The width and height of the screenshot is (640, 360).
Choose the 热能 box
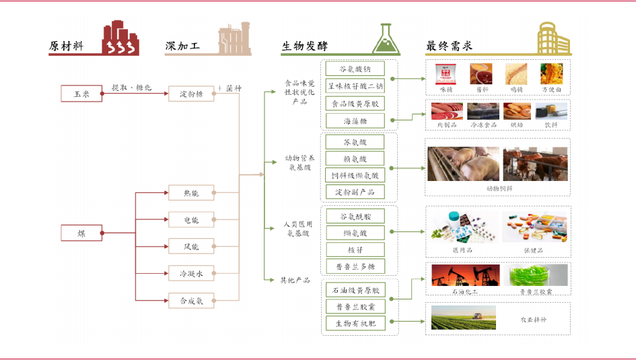[x=190, y=192]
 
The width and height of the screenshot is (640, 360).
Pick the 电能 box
[x=190, y=219]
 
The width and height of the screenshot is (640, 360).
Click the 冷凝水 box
[x=190, y=273]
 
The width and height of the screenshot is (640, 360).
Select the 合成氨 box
[x=190, y=300]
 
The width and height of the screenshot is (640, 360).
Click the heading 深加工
[x=183, y=46]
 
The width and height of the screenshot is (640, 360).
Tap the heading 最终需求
[x=447, y=46]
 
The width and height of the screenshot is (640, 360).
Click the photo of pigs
[x=462, y=164]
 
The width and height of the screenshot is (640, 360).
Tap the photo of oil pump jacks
[x=462, y=277]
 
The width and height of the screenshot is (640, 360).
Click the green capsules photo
[x=537, y=277]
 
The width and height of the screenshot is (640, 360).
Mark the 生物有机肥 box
[x=356, y=323]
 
